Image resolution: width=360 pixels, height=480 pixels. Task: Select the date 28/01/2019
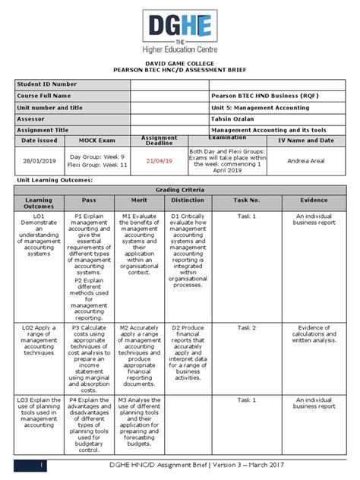pyautogui.click(x=38, y=161)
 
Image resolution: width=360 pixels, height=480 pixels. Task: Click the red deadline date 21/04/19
pyautogui.click(x=159, y=161)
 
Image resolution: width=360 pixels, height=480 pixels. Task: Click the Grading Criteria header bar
pyautogui.click(x=180, y=189)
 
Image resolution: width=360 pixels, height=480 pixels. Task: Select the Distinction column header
pyautogui.click(x=188, y=201)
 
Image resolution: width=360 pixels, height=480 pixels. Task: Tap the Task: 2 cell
pyautogui.click(x=248, y=327)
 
